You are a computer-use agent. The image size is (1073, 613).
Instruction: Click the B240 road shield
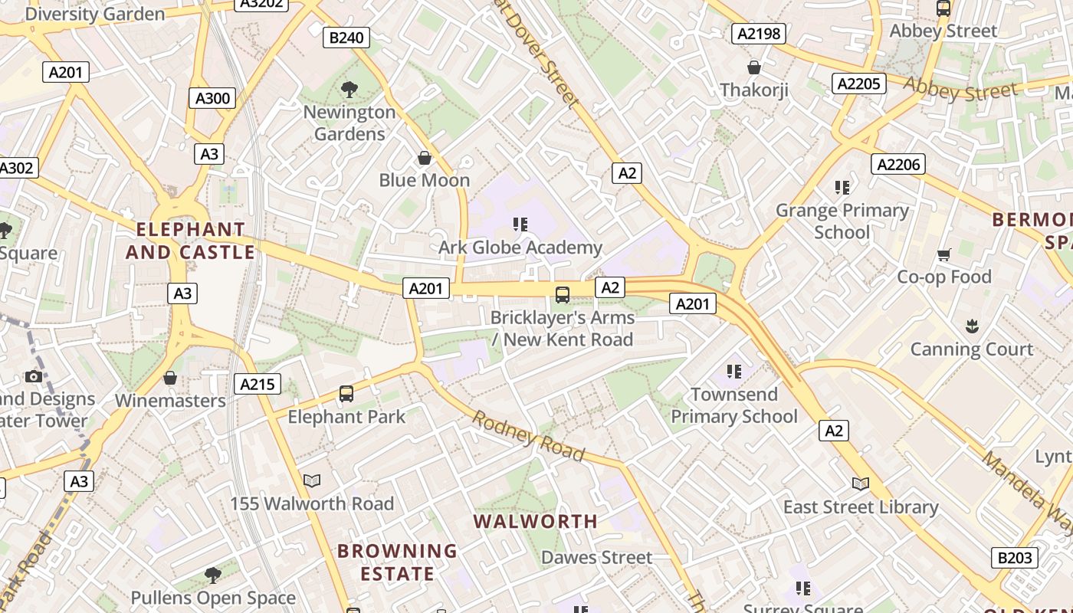point(346,38)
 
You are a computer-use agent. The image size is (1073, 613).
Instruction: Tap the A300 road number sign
point(212,98)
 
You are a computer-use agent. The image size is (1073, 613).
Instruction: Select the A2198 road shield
point(759,33)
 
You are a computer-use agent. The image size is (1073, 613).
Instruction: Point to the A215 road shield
point(257,384)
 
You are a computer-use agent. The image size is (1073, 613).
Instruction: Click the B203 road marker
point(1015,557)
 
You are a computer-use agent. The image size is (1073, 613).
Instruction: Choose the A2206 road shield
point(898,164)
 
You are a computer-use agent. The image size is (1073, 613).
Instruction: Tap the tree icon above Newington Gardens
point(349,90)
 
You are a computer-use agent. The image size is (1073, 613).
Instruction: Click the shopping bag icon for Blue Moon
point(425,158)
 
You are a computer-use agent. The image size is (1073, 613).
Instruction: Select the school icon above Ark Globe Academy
point(520,225)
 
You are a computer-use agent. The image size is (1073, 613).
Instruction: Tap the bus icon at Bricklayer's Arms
point(563,294)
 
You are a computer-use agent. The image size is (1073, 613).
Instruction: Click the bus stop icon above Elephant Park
point(346,394)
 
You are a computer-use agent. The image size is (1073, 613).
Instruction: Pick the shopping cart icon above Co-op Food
point(944,254)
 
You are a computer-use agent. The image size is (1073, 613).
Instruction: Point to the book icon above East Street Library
point(861,484)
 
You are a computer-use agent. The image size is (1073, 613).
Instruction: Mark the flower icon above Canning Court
point(972,326)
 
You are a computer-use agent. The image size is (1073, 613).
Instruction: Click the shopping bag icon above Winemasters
point(170,378)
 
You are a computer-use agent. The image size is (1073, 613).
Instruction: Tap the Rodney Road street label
point(528,436)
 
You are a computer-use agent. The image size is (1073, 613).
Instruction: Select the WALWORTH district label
point(535,522)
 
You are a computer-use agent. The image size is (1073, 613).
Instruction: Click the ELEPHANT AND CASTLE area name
point(190,241)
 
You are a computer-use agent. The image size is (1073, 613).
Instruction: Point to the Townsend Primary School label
point(734,405)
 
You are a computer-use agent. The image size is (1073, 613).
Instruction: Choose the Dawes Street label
point(596,557)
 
